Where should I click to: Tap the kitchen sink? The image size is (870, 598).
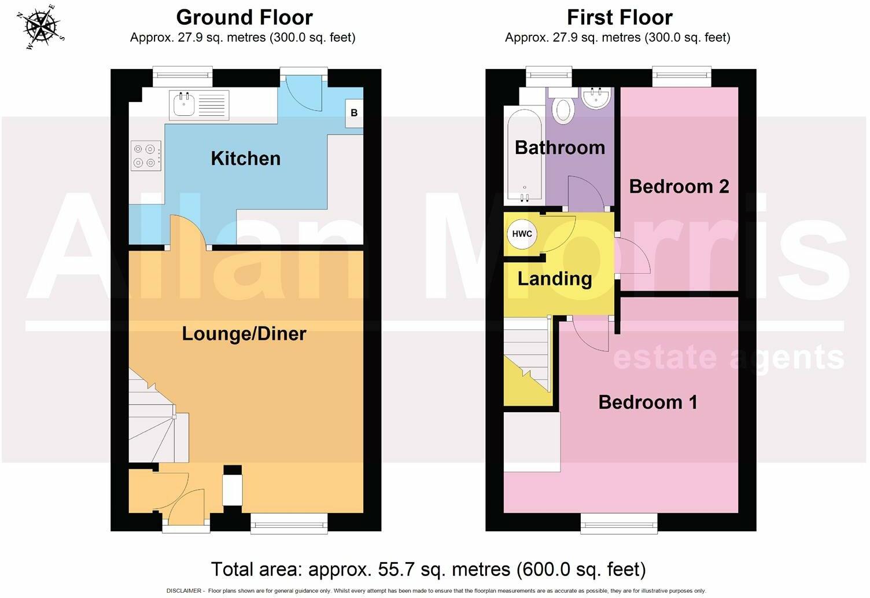(185, 105)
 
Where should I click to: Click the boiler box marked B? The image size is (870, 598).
(354, 113)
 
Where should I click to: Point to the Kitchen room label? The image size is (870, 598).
(245, 159)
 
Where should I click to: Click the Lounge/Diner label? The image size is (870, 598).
(244, 333)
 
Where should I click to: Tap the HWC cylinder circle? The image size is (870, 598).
(522, 234)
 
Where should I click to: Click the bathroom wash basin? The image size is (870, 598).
(595, 98)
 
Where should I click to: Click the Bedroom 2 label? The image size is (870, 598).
(679, 186)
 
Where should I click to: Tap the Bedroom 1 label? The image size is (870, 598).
(647, 402)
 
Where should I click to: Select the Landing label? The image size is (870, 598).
(554, 279)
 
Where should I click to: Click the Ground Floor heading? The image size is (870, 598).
(244, 17)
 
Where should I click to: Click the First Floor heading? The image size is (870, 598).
(619, 17)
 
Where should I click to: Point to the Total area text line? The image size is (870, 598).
(428, 569)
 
